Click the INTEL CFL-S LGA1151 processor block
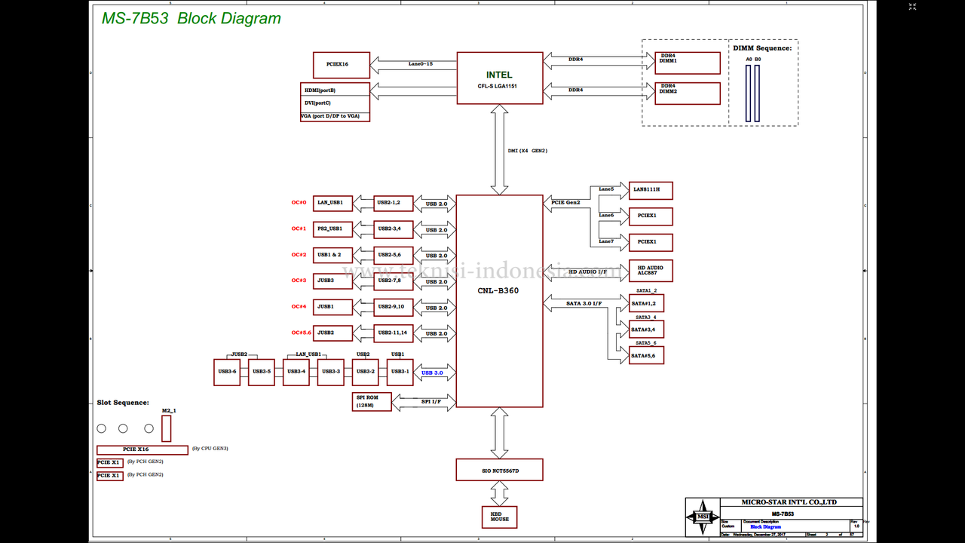[x=499, y=78]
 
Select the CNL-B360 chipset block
[x=499, y=301]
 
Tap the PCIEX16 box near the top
[x=342, y=65]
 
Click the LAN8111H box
[x=651, y=191]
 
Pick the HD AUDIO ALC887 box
[x=651, y=271]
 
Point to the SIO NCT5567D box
[x=499, y=469]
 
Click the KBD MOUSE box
[x=499, y=517]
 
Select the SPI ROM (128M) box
[x=372, y=402]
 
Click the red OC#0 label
[x=299, y=203]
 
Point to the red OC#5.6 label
[x=302, y=333]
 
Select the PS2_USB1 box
[x=332, y=229]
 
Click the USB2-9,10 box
[x=394, y=307]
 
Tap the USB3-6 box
[x=227, y=372]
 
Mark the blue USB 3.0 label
[x=432, y=373]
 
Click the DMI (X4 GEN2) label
[x=528, y=151]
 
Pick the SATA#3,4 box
[x=646, y=330]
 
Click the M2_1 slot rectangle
[x=166, y=428]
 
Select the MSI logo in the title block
[x=703, y=517]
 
